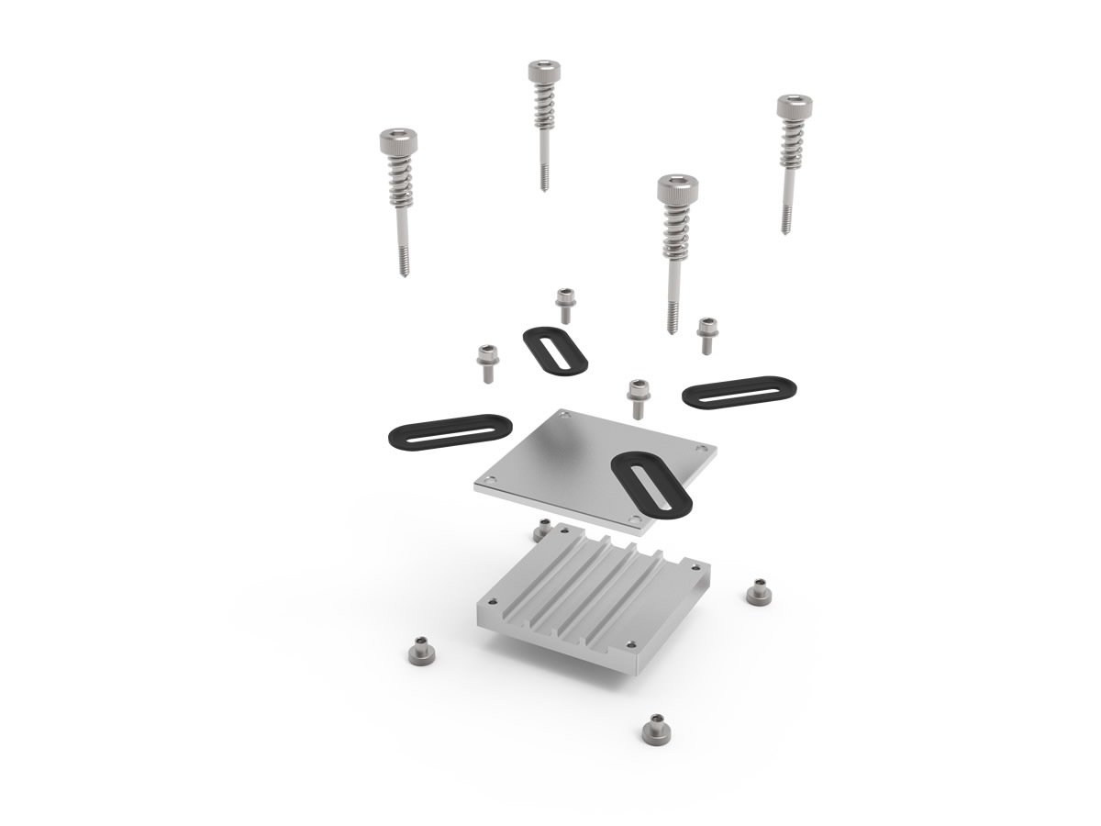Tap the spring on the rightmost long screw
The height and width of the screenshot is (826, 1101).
click(x=790, y=143)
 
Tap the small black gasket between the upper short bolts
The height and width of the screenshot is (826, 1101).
click(x=555, y=350)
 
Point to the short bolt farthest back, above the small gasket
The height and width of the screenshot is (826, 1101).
click(x=564, y=304)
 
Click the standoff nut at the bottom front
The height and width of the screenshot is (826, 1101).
click(x=654, y=730)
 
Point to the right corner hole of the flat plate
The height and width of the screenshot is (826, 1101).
click(x=702, y=448)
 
